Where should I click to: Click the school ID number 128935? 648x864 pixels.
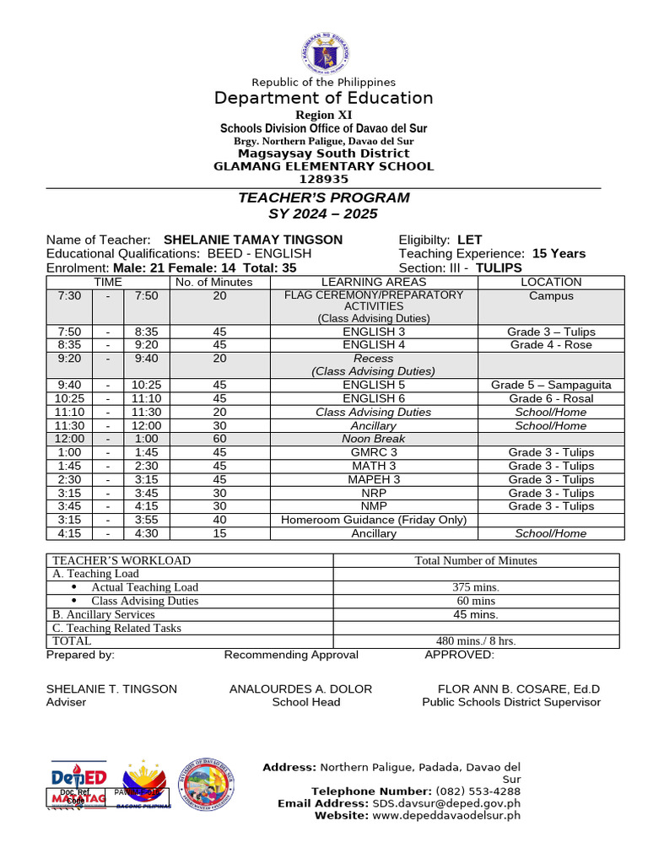coord(323,179)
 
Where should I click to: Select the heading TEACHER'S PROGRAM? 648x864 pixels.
coord(323,197)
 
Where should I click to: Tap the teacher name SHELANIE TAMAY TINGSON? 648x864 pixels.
coord(253,240)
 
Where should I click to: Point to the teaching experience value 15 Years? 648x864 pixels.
coord(559,253)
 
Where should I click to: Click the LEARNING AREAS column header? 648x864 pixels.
coord(374,282)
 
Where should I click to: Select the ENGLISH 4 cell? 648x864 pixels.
coord(374,344)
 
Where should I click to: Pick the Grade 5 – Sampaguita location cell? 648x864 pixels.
coord(551,385)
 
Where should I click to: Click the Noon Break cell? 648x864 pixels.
coord(374,439)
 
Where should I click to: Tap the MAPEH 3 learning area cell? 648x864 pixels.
coord(374,479)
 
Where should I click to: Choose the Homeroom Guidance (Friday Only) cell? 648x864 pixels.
coord(374,520)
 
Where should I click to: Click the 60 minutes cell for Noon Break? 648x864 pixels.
coord(219,439)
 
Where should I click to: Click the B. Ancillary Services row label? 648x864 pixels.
coord(104,614)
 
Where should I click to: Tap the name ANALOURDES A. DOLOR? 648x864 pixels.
coord(300,688)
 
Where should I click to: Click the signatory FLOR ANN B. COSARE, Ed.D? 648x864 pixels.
coord(519,688)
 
